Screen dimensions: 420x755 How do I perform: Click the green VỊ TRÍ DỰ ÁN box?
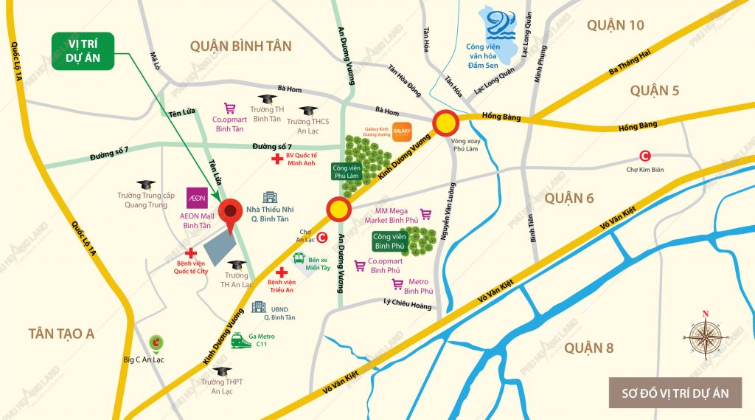(x=82, y=52)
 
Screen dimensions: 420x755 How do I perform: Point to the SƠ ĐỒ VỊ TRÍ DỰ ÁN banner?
(x=675, y=393)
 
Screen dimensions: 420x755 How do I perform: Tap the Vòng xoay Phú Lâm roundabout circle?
(x=445, y=123)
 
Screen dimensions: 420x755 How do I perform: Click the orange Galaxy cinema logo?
(x=402, y=131)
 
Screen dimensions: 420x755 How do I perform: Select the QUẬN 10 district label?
(x=616, y=26)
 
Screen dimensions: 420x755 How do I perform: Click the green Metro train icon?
(x=240, y=340)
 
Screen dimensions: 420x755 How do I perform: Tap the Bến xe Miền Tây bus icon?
(x=299, y=258)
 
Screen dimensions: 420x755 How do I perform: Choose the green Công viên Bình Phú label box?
(x=391, y=241)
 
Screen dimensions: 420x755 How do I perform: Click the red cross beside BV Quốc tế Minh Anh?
(x=277, y=159)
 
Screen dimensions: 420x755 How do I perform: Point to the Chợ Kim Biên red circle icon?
(x=645, y=156)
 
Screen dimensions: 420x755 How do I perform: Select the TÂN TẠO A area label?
(x=62, y=334)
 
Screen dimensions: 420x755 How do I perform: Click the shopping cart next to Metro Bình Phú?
(x=397, y=284)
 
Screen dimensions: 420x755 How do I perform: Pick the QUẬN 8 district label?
(x=588, y=348)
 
